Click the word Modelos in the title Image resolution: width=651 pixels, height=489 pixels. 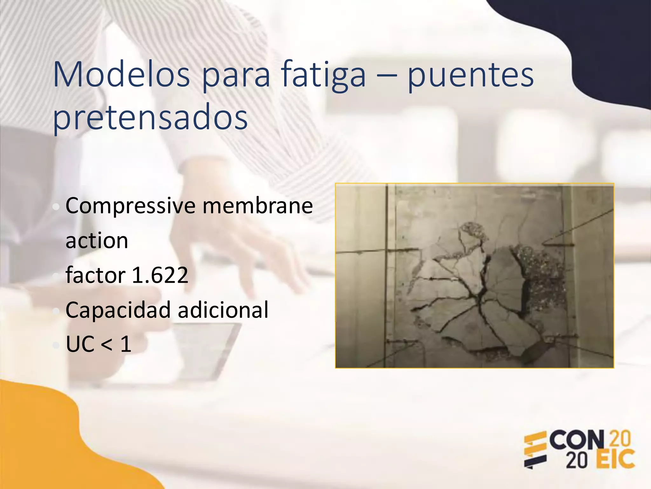point(121,75)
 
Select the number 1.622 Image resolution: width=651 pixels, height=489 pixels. point(160,275)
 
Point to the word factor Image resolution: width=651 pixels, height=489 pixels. point(95,275)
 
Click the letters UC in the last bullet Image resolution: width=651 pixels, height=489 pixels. point(80,344)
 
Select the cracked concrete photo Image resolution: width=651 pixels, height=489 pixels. point(474,276)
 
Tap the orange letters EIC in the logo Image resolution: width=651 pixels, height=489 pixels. point(615,459)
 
